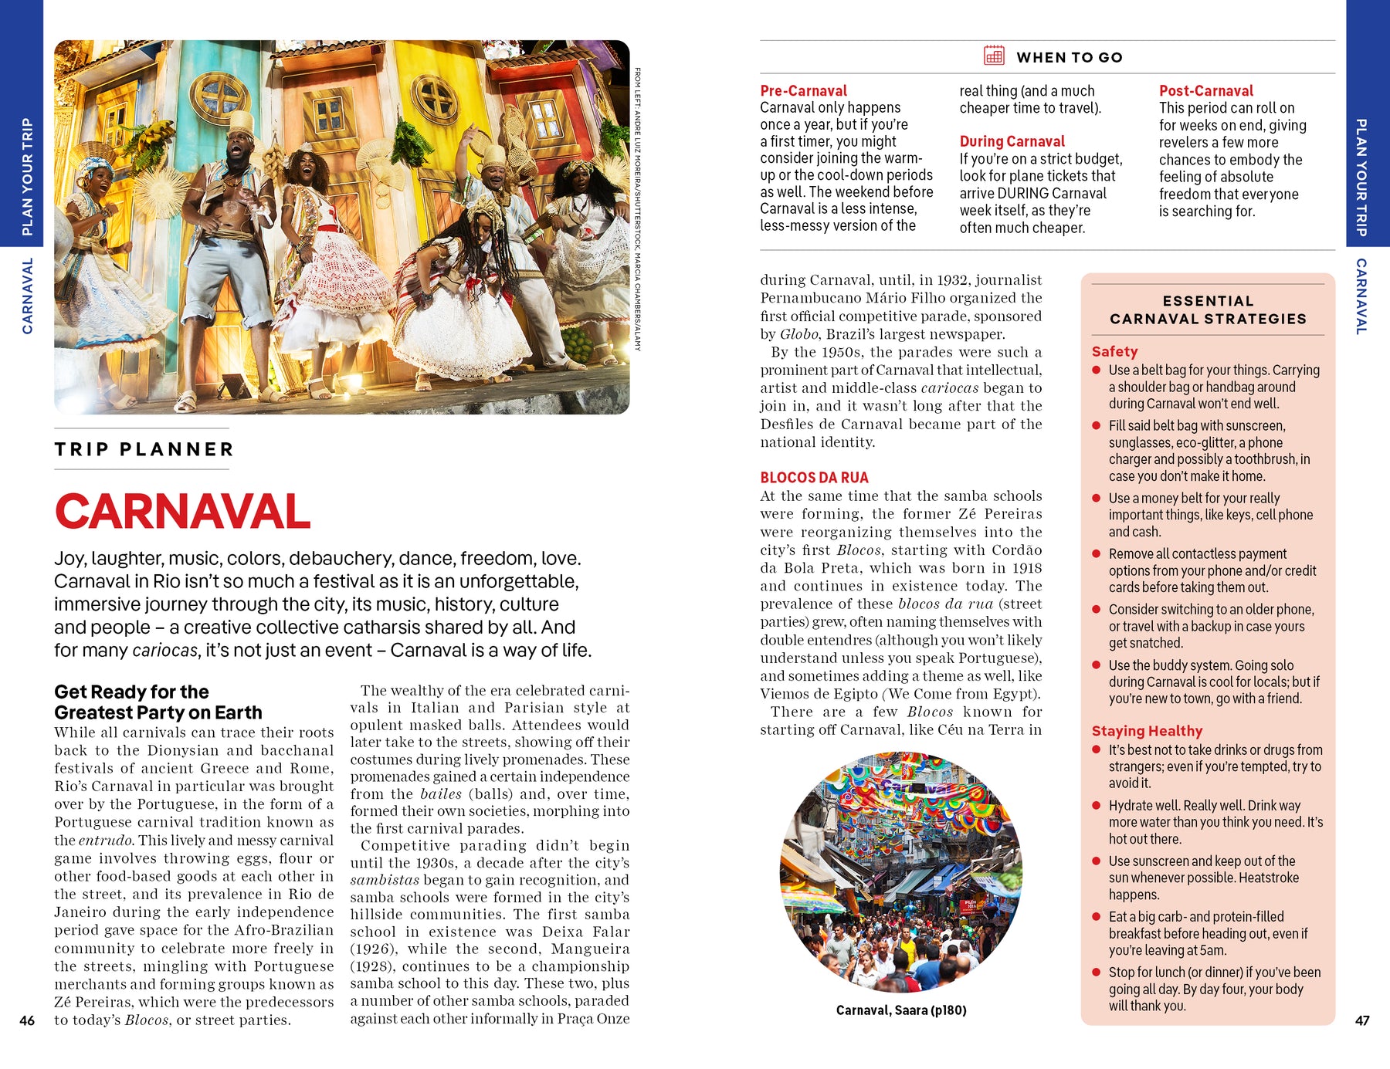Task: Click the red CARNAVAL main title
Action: point(182,512)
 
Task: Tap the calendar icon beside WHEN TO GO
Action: point(994,56)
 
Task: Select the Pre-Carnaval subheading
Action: point(803,90)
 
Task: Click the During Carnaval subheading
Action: point(1012,141)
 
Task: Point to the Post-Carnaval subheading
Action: point(1205,90)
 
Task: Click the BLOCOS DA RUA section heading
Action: point(814,478)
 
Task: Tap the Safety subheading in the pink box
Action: point(1114,351)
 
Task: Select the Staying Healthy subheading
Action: point(1147,731)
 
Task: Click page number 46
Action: point(27,1020)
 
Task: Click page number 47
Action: point(1362,1020)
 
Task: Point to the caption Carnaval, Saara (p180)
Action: point(901,1010)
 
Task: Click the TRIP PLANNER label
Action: point(144,449)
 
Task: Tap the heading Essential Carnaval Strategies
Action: point(1208,310)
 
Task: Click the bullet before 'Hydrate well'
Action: point(1096,806)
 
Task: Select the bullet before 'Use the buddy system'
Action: point(1096,665)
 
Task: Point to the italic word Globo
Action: point(798,334)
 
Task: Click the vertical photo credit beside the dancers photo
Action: point(638,208)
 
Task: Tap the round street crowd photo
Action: point(900,872)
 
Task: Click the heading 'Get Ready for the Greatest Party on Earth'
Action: point(158,702)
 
